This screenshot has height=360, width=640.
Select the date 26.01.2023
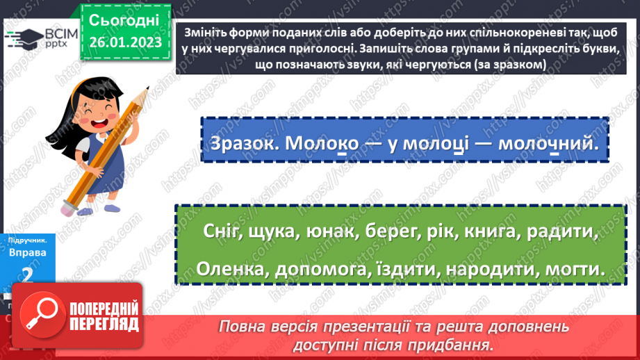click(124, 42)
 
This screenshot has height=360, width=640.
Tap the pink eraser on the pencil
click(70, 208)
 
